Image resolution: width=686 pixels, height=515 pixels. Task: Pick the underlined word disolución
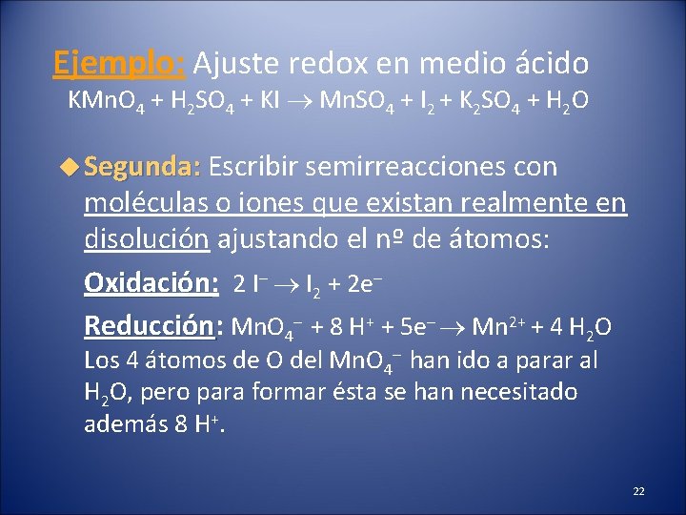pos(147,238)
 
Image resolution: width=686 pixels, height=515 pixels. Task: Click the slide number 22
pos(638,491)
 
